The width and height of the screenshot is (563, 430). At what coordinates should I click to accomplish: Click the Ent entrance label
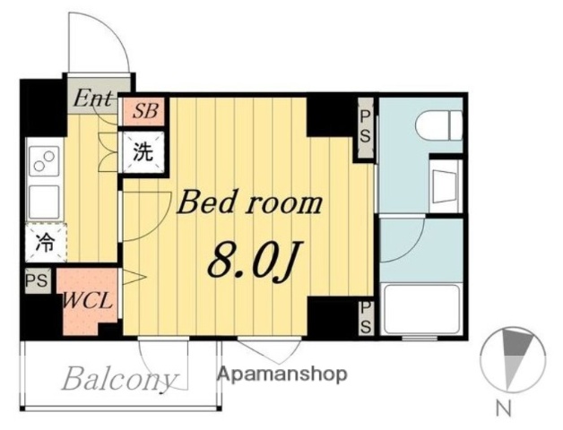[x=92, y=96]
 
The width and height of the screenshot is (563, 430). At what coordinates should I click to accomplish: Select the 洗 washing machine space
[x=143, y=150]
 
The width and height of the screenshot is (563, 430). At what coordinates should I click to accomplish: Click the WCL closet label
[x=87, y=300]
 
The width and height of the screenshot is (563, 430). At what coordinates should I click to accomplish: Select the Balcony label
[x=117, y=379]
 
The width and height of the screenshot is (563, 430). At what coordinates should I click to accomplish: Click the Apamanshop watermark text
[x=282, y=374]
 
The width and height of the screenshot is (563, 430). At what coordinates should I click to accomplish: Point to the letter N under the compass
[x=504, y=410]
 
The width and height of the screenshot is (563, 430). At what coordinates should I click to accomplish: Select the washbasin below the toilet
[x=445, y=185]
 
